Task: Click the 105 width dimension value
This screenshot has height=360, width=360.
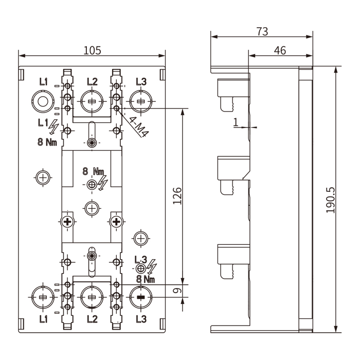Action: point(92,50)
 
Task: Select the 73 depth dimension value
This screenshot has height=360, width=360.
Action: point(262,31)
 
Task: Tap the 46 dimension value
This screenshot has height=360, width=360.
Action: point(280,50)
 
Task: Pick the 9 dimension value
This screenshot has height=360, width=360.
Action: point(176,291)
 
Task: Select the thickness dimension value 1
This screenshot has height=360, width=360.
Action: point(236,122)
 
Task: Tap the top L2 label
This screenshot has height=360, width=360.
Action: point(92,81)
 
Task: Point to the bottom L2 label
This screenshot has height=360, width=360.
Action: point(92,319)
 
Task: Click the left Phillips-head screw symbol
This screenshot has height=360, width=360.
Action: point(67,222)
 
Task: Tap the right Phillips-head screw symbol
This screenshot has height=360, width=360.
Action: point(117,222)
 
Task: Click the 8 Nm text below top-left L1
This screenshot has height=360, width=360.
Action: point(47,142)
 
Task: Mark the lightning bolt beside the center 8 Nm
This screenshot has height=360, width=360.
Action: point(103,182)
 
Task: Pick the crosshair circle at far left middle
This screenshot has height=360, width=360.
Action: point(43,177)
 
